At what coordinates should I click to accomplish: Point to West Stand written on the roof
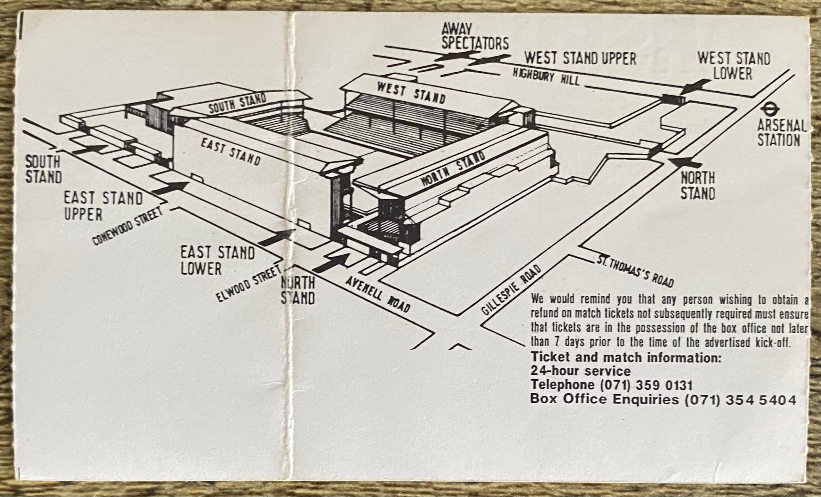(x=411, y=93)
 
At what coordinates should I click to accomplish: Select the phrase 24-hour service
(x=580, y=371)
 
